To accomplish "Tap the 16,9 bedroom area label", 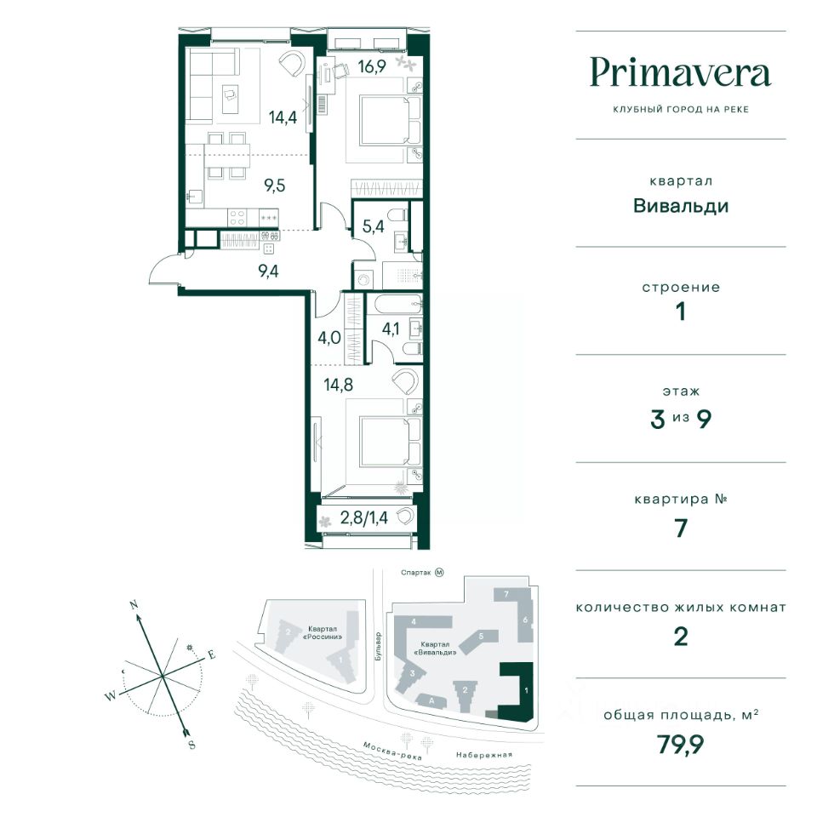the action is (x=372, y=66).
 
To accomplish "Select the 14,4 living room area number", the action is (x=283, y=117).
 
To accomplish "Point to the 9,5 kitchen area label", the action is (x=275, y=185).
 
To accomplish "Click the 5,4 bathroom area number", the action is (x=374, y=226).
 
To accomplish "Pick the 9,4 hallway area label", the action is (x=268, y=271).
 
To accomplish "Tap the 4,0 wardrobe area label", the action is (x=329, y=338).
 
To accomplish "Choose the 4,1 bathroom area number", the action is (x=391, y=329).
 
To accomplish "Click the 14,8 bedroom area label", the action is (x=338, y=385).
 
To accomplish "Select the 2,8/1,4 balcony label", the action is (x=364, y=517).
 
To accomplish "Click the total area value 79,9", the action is (x=681, y=745).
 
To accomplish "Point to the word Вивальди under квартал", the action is (x=681, y=206).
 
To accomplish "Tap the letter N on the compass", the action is (x=134, y=605).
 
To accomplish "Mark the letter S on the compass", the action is (x=191, y=745).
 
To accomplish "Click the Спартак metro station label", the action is (x=416, y=573).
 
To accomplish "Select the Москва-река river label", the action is (x=392, y=751).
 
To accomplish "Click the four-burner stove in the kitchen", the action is (x=237, y=217).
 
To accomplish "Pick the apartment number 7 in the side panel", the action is (x=681, y=528).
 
